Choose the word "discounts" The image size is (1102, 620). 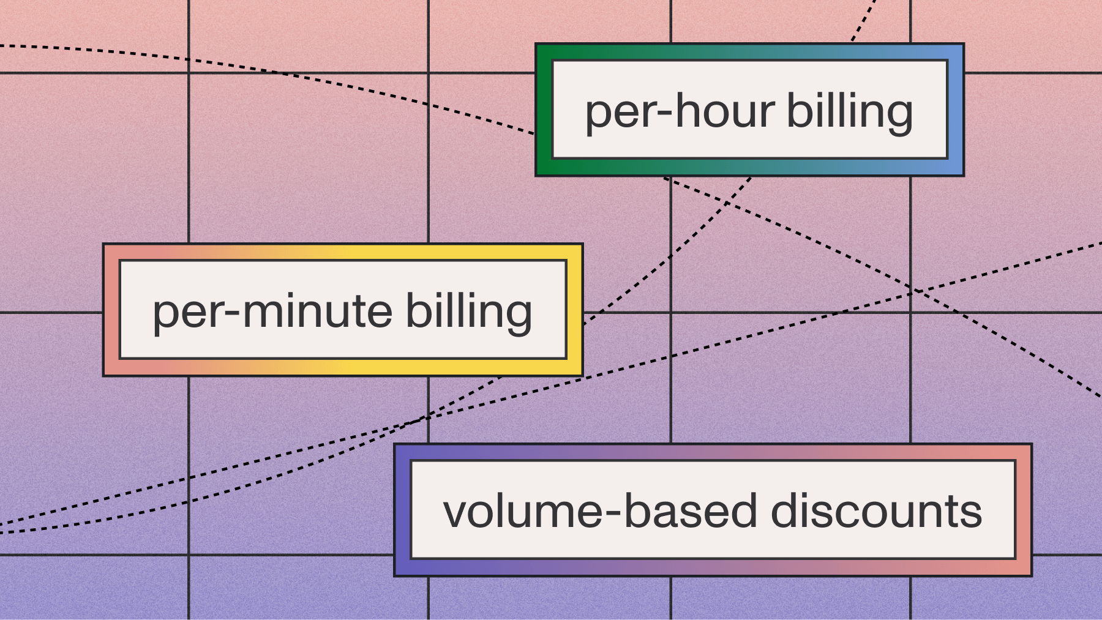tap(876, 512)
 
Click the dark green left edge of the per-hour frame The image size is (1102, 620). tap(544, 110)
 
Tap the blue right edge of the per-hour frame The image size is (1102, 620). tap(956, 110)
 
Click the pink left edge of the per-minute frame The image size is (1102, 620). tap(111, 310)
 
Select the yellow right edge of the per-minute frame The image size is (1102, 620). tap(574, 310)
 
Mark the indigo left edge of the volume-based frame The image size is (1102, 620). tap(402, 510)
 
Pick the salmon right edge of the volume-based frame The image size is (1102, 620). tap(1024, 510)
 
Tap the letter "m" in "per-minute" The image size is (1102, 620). tap(264, 313)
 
